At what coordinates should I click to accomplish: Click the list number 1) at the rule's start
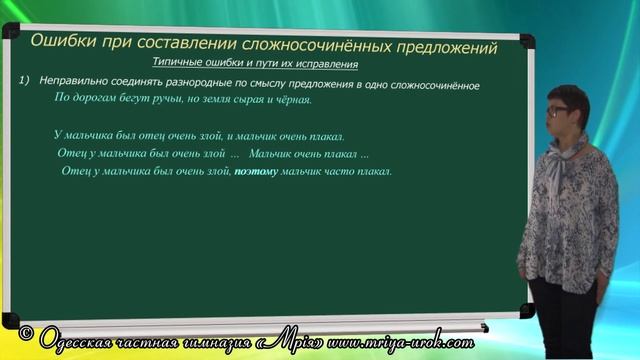click(x=25, y=85)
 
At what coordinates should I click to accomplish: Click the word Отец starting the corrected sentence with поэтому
click(x=77, y=172)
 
